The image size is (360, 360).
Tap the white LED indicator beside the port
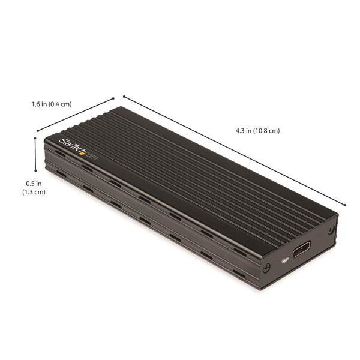coord(284,260)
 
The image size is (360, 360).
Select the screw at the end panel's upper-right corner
coord(331,230)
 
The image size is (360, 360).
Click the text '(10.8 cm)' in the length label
coord(267,130)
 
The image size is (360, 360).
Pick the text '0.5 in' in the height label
coord(34,183)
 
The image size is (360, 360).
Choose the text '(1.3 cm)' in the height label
coord(34,192)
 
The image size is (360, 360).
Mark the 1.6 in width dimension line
coord(75,114)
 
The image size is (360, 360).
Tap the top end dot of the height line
coord(35,138)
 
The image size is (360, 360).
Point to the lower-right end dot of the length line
coord(345,205)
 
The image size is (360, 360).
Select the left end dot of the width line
coord(37,130)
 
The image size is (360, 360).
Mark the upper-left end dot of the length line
coord(124,96)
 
